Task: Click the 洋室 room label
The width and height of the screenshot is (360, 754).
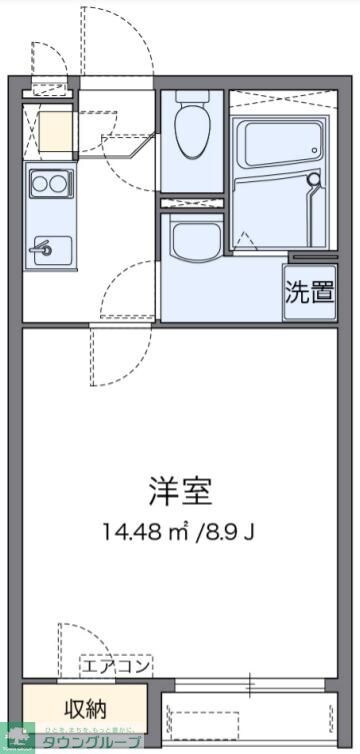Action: (x=181, y=491)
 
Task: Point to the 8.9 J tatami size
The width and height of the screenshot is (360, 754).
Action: (x=235, y=531)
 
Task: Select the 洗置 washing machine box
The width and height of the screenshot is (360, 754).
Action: (x=309, y=293)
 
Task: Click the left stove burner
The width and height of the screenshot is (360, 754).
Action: (x=39, y=183)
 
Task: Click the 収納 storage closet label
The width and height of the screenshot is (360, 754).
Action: (x=85, y=709)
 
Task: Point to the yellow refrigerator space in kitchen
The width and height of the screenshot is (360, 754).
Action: (x=56, y=130)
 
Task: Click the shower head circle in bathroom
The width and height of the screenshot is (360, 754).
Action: (x=315, y=181)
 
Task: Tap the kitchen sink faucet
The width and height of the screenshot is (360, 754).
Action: (x=41, y=248)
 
